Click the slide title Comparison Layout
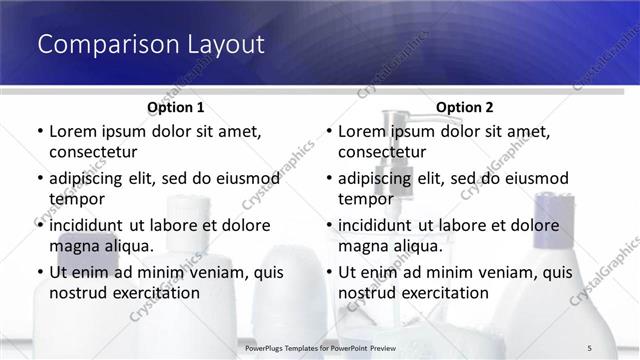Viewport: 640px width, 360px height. [x=150, y=44]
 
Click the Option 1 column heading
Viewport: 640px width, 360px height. [x=176, y=107]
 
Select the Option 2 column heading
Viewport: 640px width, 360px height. [x=465, y=107]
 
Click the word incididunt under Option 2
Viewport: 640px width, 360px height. [x=383, y=225]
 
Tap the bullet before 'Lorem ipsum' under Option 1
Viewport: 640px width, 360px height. [x=40, y=132]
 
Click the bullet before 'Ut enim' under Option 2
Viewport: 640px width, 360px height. [x=329, y=272]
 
